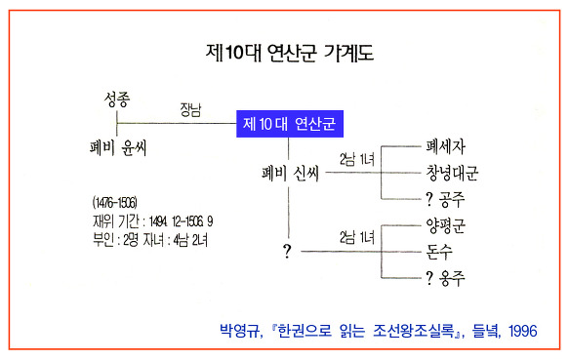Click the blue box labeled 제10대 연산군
click(x=290, y=124)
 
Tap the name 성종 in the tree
click(x=117, y=100)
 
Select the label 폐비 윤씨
click(x=118, y=147)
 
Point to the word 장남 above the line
click(x=190, y=109)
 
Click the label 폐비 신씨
click(x=290, y=173)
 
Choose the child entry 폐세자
click(x=445, y=146)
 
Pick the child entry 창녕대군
click(x=452, y=173)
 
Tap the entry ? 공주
click(x=445, y=199)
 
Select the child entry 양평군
click(x=445, y=225)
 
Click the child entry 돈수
click(x=439, y=252)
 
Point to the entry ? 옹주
click(x=445, y=278)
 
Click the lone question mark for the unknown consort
click(x=287, y=251)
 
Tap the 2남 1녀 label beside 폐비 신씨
click(x=357, y=159)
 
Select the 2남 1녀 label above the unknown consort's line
click(x=357, y=238)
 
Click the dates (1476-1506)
click(x=114, y=203)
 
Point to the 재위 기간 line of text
click(x=153, y=221)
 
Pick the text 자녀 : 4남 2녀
click(x=176, y=240)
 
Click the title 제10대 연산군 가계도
click(x=290, y=53)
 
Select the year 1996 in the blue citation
click(x=522, y=331)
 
